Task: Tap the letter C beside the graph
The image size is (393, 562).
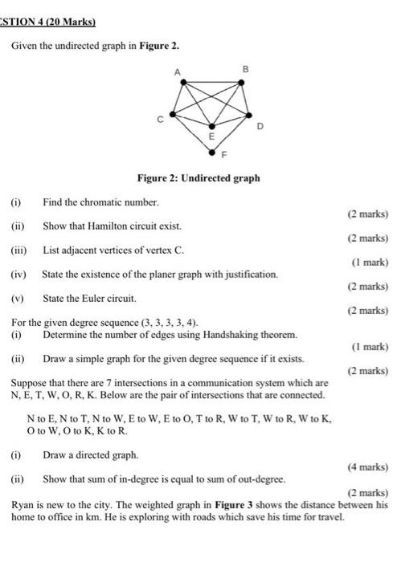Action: [x=160, y=119]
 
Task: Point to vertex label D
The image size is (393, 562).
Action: [x=260, y=128]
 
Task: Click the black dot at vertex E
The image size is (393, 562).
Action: [x=212, y=127]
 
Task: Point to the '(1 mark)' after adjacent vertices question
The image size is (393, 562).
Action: [x=370, y=262]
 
